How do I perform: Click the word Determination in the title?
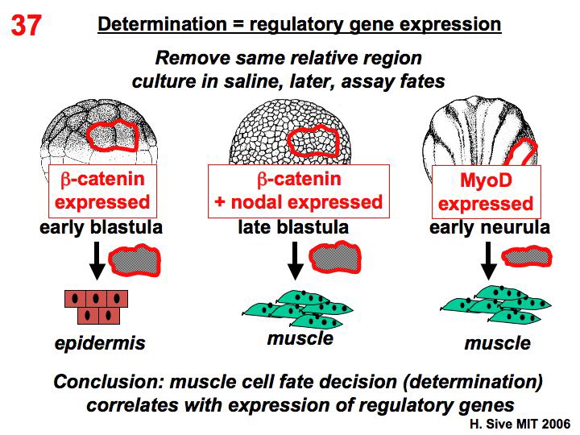coord(146,24)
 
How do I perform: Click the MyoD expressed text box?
coord(485,192)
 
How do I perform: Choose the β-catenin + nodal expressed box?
coord(298,190)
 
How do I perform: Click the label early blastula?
coord(101,228)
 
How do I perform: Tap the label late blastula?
coord(293,228)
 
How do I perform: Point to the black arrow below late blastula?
coord(295,257)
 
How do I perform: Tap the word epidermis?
coord(100,344)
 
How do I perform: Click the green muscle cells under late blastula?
coord(298,308)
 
